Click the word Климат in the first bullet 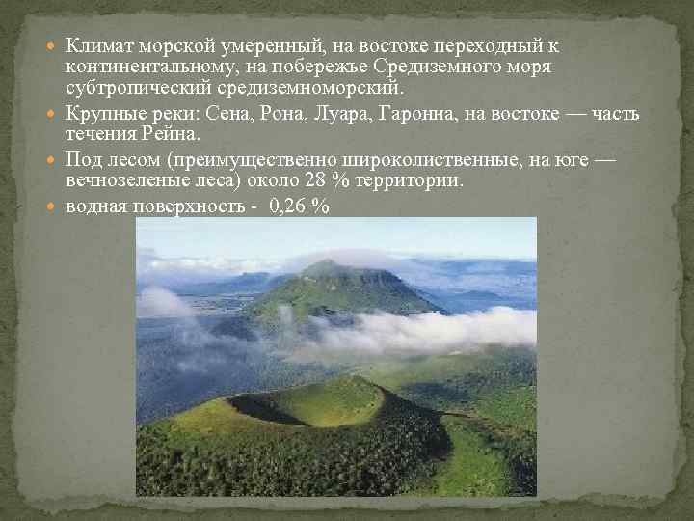(100, 46)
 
